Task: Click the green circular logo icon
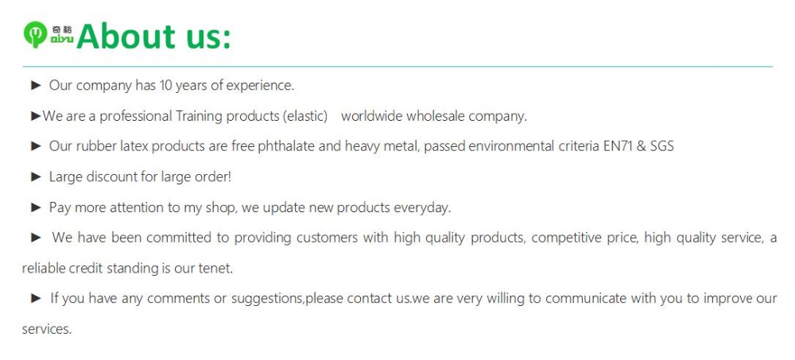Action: (36, 34)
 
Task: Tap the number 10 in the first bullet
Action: (166, 85)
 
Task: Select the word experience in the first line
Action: (260, 86)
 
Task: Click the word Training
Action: (200, 117)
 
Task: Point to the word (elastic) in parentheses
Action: (304, 117)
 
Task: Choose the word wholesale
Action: (435, 116)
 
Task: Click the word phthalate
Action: (286, 146)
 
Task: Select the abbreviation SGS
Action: (661, 146)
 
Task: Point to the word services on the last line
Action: (47, 330)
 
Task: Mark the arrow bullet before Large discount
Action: (36, 177)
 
